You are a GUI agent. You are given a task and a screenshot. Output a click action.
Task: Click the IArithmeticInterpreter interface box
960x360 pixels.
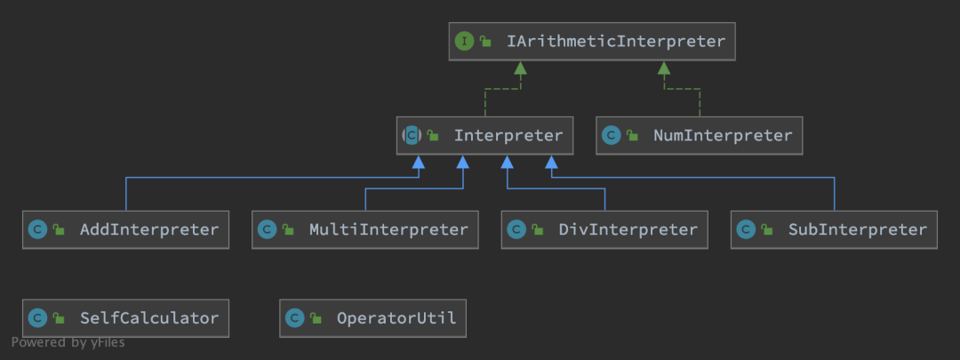pos(592,42)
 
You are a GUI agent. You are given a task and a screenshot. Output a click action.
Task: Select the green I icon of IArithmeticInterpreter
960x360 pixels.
pos(465,42)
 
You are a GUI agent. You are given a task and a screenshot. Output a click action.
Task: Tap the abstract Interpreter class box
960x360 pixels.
pos(485,135)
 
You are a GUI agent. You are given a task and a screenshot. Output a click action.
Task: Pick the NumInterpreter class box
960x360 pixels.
pos(700,135)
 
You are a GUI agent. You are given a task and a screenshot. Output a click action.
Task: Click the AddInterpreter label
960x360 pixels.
pos(149,229)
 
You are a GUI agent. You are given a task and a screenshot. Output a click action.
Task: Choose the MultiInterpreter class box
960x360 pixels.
pos(365,229)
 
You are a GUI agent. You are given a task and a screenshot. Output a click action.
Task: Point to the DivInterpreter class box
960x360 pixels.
pos(604,229)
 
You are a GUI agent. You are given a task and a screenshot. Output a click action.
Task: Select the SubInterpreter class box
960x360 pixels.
pos(834,229)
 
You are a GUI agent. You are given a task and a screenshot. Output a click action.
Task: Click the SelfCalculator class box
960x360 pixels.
pos(125,318)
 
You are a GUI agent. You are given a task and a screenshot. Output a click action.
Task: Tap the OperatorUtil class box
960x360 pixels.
pos(372,318)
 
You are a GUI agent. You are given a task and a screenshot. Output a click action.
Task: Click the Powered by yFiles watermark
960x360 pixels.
pos(68,342)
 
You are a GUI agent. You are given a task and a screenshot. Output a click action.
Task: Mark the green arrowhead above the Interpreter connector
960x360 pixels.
pos(520,68)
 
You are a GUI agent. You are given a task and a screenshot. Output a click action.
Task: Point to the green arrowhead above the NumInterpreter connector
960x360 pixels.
pos(664,68)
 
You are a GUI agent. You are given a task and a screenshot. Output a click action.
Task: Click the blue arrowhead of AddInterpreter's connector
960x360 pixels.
pos(418,162)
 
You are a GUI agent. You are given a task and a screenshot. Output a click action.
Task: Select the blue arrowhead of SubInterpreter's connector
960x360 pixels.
pos(552,162)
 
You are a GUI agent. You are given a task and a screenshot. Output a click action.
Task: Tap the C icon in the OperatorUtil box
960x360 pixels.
pos(295,318)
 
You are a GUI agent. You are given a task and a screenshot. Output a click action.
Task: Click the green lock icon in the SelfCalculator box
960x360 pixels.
pos(59,317)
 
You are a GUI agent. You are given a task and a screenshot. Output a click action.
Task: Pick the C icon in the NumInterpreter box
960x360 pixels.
pos(611,135)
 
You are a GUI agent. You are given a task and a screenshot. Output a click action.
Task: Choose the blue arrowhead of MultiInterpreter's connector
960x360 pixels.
pos(463,162)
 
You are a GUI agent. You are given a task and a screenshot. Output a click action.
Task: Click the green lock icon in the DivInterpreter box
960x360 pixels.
pos(538,229)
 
